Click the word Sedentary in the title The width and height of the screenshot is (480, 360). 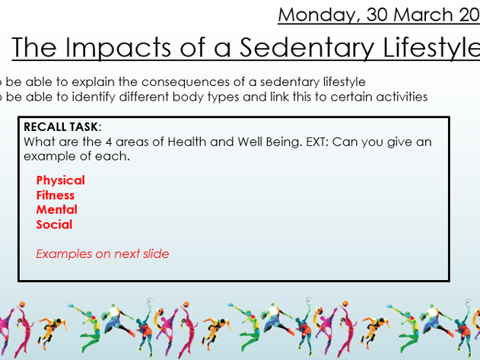(307, 48)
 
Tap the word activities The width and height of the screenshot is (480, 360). (402, 97)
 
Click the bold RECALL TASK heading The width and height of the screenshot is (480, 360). (62, 127)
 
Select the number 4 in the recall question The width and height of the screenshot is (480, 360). (109, 142)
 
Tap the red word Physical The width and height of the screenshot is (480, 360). (61, 180)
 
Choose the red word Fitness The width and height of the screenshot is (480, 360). (56, 196)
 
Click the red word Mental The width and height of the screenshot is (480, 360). (56, 210)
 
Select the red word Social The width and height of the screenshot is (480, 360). (54, 225)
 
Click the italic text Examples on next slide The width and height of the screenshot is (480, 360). (103, 254)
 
